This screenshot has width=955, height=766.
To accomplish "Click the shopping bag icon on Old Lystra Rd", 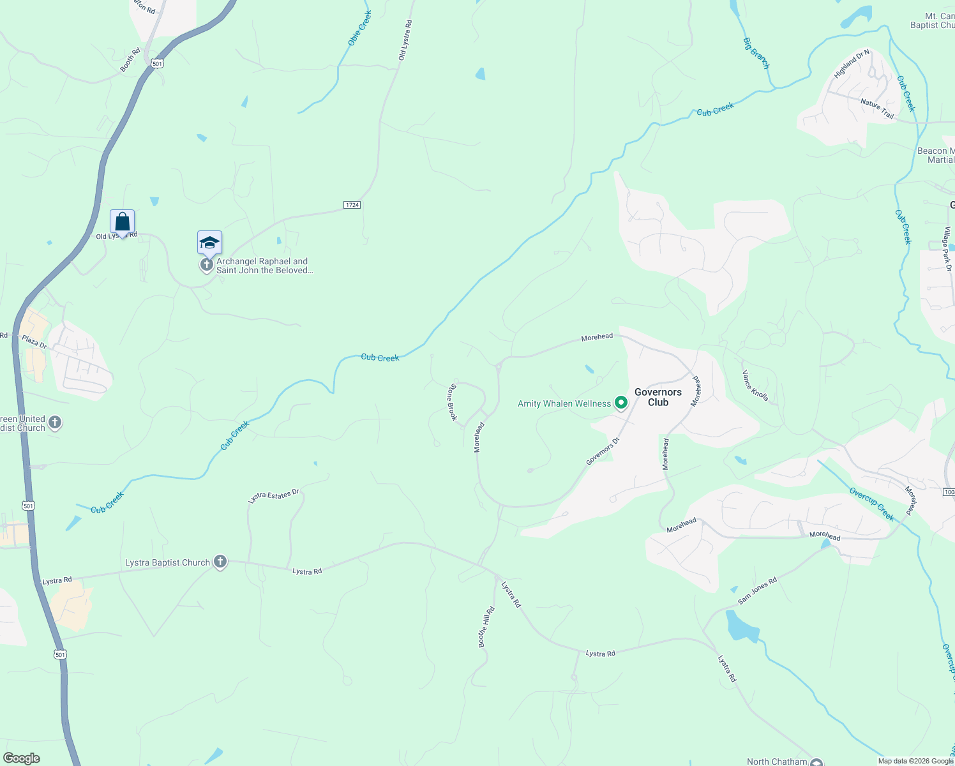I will [x=122, y=222].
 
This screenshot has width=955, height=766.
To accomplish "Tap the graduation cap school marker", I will [x=209, y=243].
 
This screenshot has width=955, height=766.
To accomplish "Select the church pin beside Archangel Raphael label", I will [x=206, y=264].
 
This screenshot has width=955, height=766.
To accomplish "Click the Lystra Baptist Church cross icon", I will [x=220, y=562].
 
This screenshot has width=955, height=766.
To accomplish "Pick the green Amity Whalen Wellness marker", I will [x=620, y=403].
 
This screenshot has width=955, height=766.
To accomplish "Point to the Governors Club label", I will [x=658, y=397].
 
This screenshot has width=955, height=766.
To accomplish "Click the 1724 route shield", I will [x=352, y=205].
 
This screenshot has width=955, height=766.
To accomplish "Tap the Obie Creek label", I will [x=359, y=29].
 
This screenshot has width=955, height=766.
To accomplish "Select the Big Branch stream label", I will [x=756, y=53].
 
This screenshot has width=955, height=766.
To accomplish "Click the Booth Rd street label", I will [x=130, y=60].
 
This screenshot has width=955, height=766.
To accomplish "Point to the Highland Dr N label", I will [x=852, y=64].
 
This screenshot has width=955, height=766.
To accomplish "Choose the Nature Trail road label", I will [x=877, y=108].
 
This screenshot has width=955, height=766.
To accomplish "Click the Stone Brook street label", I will [x=452, y=402].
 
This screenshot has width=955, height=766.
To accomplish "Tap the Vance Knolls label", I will [x=755, y=386].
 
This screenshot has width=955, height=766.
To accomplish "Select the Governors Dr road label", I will [x=603, y=451].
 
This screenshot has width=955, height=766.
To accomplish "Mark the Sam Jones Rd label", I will [x=757, y=590].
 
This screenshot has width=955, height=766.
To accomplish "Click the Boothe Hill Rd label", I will [x=486, y=627].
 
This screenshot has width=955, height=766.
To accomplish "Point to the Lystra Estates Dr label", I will [x=273, y=496].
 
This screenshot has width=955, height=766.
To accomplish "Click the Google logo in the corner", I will [x=22, y=758].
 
